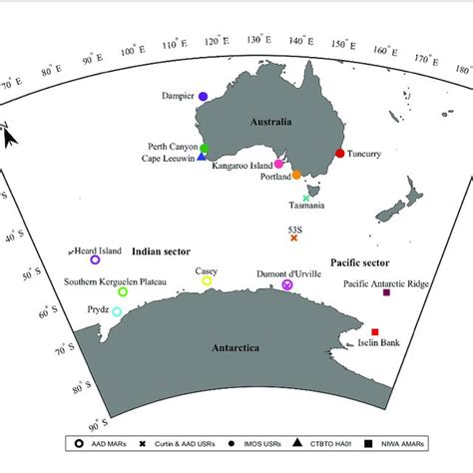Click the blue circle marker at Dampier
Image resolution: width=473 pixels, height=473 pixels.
point(203,97)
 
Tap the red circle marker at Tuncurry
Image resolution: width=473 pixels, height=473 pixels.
point(340,154)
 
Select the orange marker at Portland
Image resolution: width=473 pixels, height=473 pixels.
point(296,175)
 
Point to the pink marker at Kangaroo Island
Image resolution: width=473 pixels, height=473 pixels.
point(279,164)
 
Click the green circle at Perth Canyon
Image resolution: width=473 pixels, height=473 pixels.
point(205,148)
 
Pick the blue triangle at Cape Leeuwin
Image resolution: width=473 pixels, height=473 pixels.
point(202,157)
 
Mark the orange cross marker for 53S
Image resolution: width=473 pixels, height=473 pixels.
point(294,236)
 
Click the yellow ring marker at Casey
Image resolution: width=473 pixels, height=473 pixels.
point(208,281)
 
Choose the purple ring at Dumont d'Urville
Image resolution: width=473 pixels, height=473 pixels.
point(287,284)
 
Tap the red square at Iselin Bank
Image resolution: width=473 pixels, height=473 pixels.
point(375,331)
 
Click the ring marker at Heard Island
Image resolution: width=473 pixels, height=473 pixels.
point(95,259)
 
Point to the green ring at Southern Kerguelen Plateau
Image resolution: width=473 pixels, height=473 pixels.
point(123,291)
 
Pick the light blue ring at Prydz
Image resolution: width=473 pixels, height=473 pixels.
point(117,312)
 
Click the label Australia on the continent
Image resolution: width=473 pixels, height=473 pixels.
point(270,122)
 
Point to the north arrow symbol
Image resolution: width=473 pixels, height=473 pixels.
point(9,135)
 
